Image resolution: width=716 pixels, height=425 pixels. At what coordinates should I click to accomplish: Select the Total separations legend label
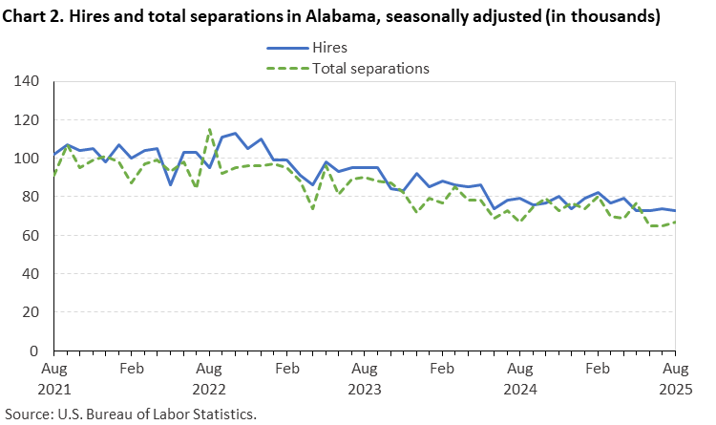tap(371, 68)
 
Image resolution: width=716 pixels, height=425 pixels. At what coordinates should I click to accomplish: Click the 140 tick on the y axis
tap(27, 82)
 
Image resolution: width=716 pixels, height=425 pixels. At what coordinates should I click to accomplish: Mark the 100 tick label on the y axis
tap(27, 159)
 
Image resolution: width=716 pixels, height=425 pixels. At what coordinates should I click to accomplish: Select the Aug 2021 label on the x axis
tap(54, 378)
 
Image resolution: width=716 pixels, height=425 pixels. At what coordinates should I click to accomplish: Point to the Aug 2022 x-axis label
tap(209, 378)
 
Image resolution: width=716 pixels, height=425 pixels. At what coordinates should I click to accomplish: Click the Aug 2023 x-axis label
tap(364, 378)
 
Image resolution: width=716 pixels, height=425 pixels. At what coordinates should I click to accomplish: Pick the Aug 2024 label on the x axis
tap(519, 378)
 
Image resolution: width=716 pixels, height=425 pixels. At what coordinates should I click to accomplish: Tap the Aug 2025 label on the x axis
tap(674, 378)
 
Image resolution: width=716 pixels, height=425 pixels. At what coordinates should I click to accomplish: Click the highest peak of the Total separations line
tap(209, 129)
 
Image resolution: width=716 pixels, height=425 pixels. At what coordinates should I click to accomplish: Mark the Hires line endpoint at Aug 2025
tap(675, 210)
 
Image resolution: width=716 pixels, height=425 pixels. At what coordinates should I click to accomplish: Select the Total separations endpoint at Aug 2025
tap(675, 223)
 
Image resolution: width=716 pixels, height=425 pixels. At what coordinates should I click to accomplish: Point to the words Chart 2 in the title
tap(34, 16)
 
